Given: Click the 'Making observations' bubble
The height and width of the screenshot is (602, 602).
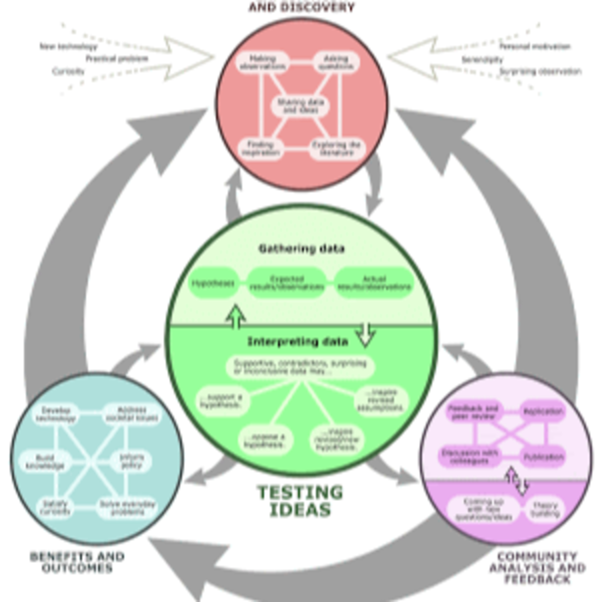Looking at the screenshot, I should tap(262, 62).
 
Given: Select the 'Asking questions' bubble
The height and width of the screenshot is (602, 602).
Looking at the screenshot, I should tap(336, 62).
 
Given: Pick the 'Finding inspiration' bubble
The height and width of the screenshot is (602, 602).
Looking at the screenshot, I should tap(261, 149).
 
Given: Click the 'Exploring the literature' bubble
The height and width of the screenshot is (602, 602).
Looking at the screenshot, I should tap(337, 149).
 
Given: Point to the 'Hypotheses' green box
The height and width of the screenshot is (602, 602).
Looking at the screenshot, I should tap(214, 283).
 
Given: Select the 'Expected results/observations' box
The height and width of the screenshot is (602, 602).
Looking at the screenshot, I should tap(287, 283).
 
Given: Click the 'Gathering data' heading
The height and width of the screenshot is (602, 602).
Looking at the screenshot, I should tap(302, 249).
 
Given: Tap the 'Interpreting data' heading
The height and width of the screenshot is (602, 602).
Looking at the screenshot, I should tap(298, 342).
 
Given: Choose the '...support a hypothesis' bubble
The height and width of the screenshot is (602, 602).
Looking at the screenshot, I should tap(223, 401).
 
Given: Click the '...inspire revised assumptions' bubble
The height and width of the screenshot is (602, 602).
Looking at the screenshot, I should tap(381, 400).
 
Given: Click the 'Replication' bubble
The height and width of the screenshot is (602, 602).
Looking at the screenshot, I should tap(543, 412).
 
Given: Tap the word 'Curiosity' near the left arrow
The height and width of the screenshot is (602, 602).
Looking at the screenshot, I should tap(68, 72).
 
